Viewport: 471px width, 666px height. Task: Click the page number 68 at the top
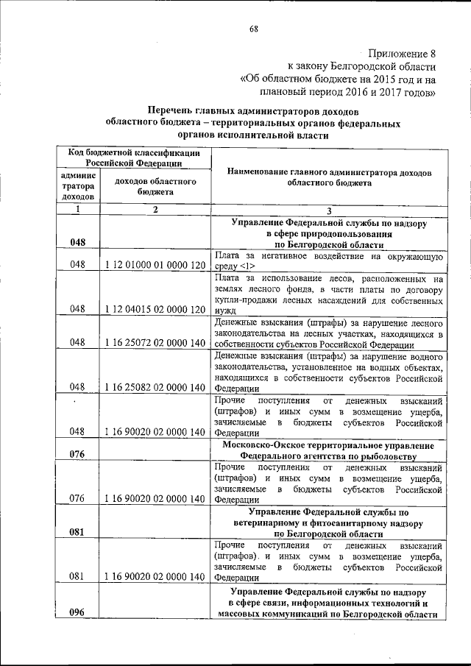coord(253,29)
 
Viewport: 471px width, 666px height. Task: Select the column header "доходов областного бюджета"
coord(155,186)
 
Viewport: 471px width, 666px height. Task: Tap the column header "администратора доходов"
coord(78,186)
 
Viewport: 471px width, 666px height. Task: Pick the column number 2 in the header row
coord(155,210)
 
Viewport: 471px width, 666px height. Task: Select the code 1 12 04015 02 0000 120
coord(155,309)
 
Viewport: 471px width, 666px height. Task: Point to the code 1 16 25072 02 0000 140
coord(155,342)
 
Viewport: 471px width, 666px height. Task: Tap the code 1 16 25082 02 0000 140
coord(155,387)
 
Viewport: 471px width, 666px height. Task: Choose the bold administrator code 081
coord(78,532)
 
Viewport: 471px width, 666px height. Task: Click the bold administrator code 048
coord(78,241)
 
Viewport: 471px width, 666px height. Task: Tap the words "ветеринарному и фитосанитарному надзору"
coord(328,522)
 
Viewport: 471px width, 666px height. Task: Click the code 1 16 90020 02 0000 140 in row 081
coord(155,577)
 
